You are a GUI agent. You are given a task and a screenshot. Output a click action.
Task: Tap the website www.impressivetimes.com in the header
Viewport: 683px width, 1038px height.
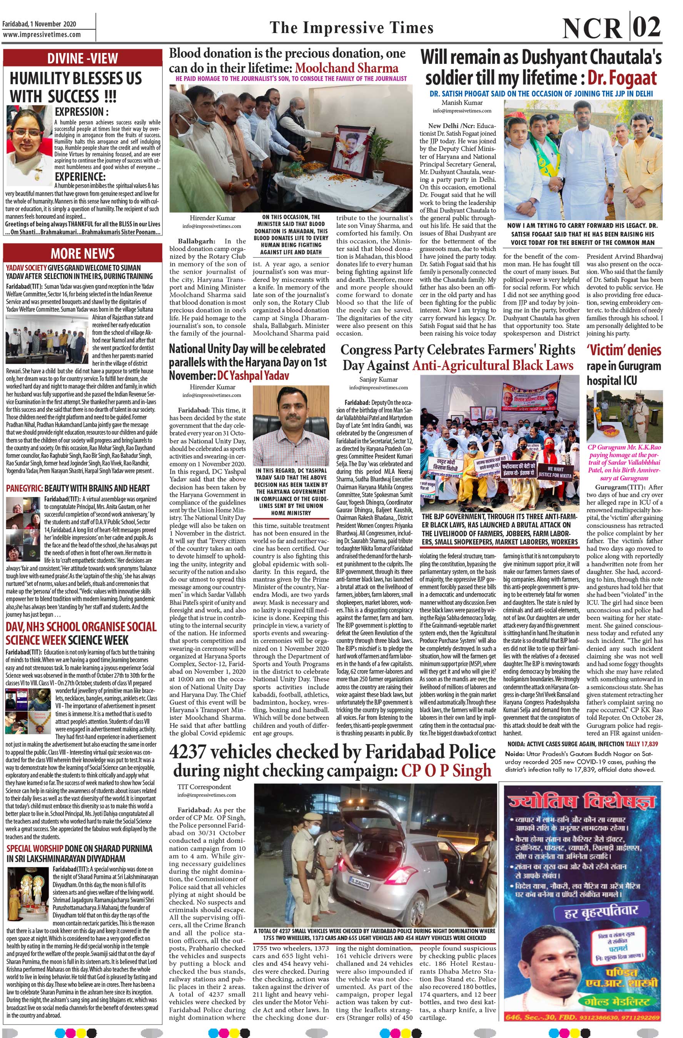(42, 35)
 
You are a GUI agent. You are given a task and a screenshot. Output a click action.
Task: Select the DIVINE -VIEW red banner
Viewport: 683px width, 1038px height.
(82, 58)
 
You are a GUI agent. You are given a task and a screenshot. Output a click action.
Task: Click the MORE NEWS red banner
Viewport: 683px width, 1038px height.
(82, 253)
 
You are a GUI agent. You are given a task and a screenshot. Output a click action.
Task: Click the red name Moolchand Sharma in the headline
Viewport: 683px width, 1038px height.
(347, 68)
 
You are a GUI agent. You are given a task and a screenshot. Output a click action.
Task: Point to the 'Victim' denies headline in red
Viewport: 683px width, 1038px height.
(624, 350)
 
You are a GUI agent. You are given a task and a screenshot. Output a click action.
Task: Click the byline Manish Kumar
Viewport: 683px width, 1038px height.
(462, 103)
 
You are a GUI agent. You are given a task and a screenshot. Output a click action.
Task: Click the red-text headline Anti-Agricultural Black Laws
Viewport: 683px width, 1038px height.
(492, 366)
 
